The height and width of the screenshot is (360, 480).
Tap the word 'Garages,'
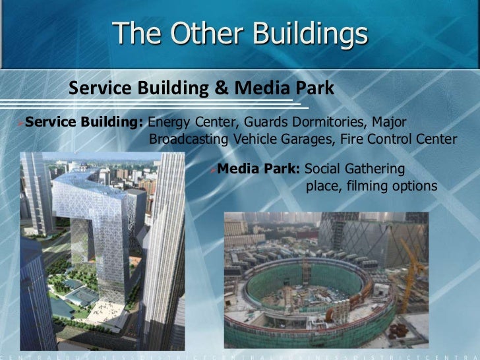tap(309, 140)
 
